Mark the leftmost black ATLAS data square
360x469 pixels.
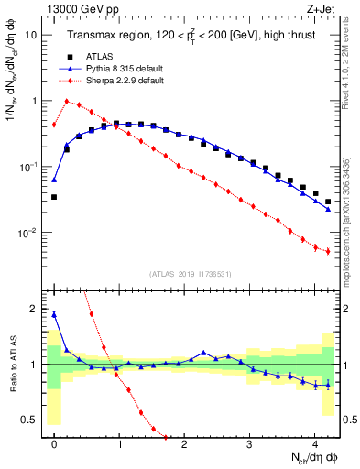(x=54, y=197)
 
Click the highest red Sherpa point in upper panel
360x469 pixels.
(x=67, y=101)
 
